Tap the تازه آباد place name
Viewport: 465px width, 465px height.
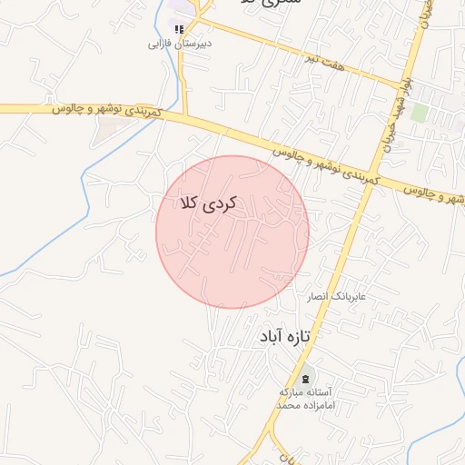coord(284,336)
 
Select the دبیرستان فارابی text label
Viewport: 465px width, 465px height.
coord(180,43)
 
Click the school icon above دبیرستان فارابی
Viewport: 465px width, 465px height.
coord(180,29)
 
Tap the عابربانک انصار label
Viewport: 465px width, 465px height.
coord(333,296)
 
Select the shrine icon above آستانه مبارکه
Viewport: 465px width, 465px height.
coord(305,378)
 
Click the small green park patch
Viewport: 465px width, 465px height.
coord(419,112)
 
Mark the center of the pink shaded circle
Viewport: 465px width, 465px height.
coord(232,232)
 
